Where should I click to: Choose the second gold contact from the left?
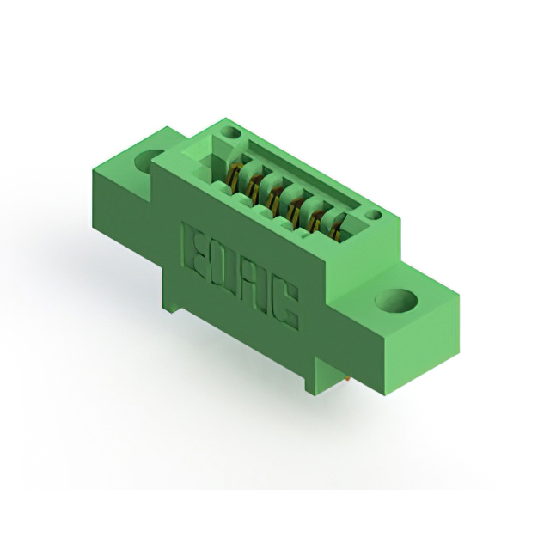(x=254, y=186)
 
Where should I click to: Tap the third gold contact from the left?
(x=273, y=197)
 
